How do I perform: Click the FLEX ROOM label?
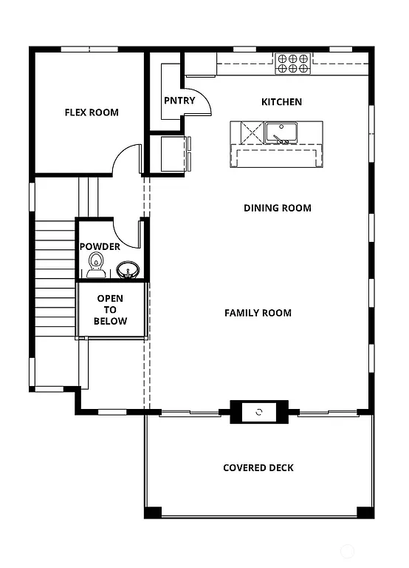(x=92, y=113)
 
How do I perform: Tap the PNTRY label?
(x=179, y=101)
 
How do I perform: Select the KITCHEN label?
(x=281, y=101)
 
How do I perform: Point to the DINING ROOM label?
(x=278, y=208)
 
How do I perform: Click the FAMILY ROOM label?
(x=258, y=313)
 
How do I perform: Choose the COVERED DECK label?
(x=258, y=467)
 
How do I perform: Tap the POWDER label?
(x=100, y=246)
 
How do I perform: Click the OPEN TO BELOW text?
(x=111, y=310)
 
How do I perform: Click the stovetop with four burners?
(x=292, y=64)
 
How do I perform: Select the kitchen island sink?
(x=281, y=132)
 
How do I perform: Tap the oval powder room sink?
(x=128, y=271)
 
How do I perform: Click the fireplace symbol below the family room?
(x=259, y=411)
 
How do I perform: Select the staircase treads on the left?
(x=55, y=281)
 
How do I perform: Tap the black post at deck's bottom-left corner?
(x=152, y=512)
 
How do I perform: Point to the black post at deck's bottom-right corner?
(x=365, y=512)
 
